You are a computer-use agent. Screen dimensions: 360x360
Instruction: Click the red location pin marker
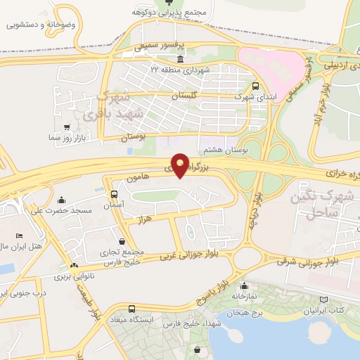pos(180,165)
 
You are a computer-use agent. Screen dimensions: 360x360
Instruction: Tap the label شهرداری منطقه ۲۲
pos(179,69)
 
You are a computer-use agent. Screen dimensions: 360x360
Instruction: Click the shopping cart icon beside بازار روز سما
pos(67,127)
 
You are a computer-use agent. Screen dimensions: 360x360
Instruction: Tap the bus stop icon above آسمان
pos(115,194)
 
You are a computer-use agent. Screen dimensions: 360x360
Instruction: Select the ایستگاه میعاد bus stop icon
pos(131,309)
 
